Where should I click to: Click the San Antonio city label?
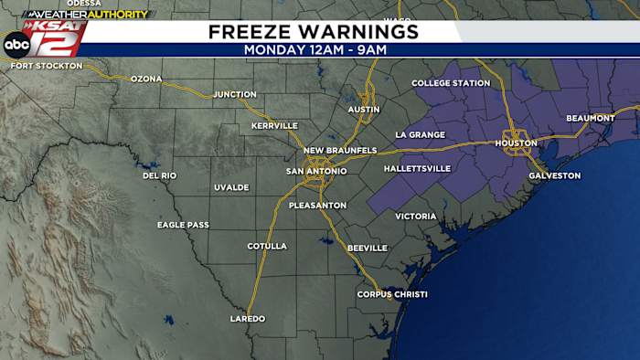pos(316,171)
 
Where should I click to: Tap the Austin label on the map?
pos(363,110)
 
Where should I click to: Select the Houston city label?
pos(517,143)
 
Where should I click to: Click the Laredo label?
pos(247,319)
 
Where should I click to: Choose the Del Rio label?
pos(159,175)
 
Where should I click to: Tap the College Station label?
pos(451,83)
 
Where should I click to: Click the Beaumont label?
pos(591,118)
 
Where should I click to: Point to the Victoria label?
pos(416,217)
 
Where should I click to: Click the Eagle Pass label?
pos(183,225)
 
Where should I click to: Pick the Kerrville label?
pos(274,125)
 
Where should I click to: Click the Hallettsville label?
pos(417,169)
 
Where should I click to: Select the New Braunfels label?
pos(340,150)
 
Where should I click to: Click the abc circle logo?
pos(16,44)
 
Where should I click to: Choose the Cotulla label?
pos(267,246)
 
